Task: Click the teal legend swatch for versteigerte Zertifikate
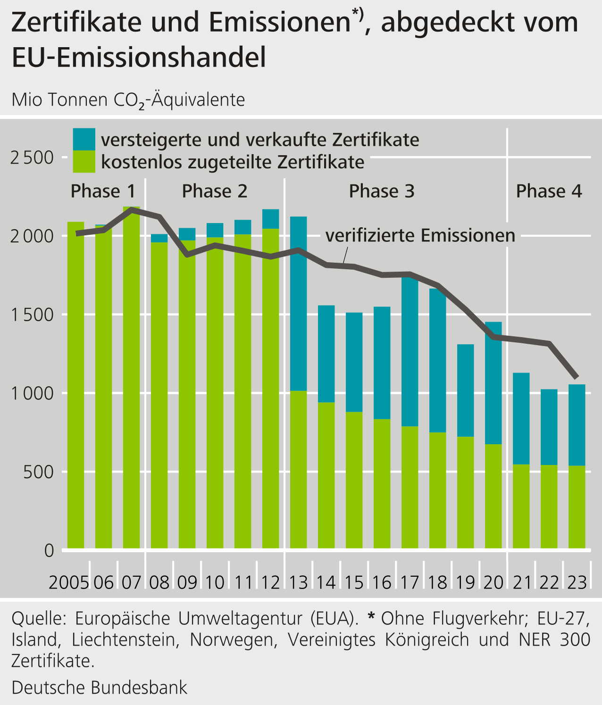(x=84, y=139)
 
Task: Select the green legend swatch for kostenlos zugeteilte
(x=84, y=162)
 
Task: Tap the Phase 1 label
(x=103, y=191)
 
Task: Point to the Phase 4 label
(x=549, y=191)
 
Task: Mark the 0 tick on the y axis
(x=49, y=550)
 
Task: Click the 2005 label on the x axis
(x=69, y=583)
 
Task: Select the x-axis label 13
(x=298, y=583)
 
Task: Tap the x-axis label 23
(x=577, y=583)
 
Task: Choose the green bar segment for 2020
(x=493, y=495)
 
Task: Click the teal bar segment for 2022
(x=549, y=427)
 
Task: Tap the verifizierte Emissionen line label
(x=420, y=235)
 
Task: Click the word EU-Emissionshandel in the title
(x=139, y=58)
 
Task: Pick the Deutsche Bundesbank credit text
(x=100, y=688)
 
